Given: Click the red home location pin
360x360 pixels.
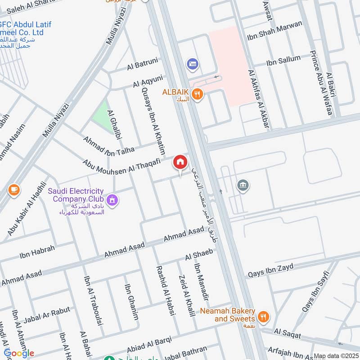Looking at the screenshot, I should [x=180, y=162].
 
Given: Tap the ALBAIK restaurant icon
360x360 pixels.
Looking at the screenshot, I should [x=197, y=94].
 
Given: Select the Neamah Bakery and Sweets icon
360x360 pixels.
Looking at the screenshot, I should [x=264, y=316].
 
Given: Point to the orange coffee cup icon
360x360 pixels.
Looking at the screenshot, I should [x=14, y=190].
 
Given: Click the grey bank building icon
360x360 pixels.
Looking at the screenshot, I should [x=243, y=185].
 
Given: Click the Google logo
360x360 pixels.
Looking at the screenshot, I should [x=19, y=353].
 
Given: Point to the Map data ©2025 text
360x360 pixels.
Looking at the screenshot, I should [x=336, y=356].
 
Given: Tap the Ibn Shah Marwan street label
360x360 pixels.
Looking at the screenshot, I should [x=274, y=31].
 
